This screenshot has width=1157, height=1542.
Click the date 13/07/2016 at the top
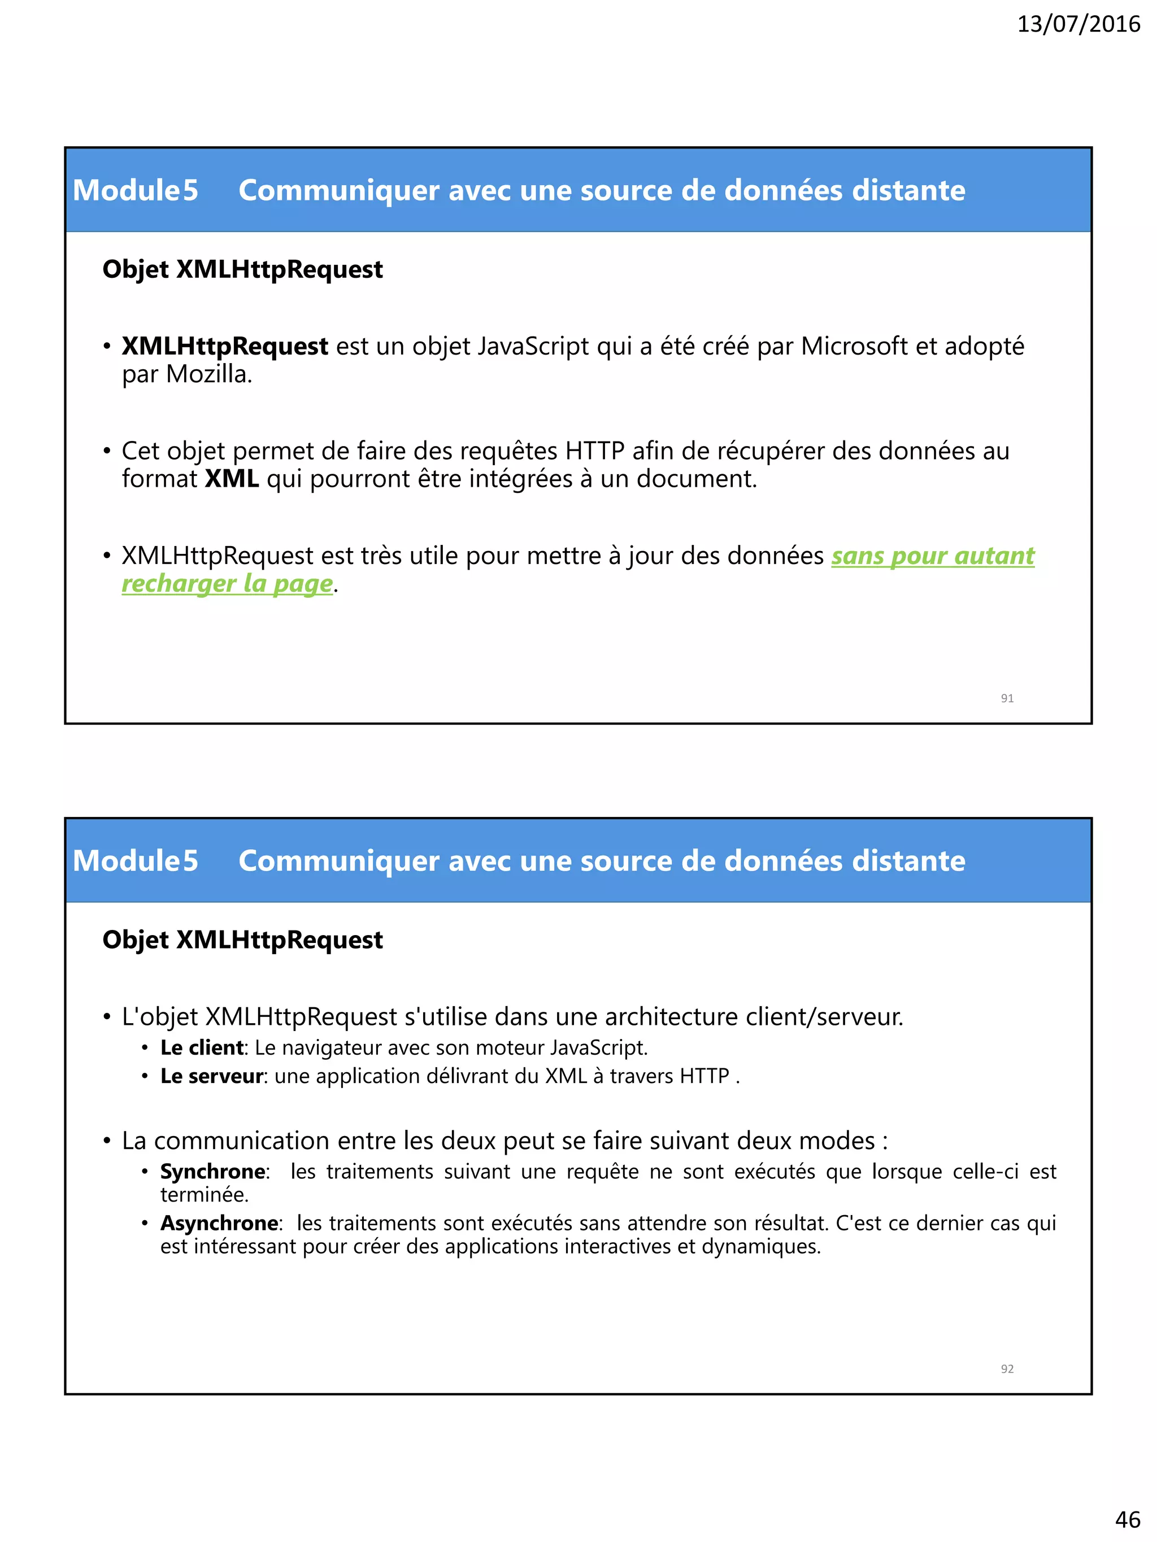click(x=1078, y=24)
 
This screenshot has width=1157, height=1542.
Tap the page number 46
click(x=1128, y=1518)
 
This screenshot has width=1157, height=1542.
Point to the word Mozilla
click(x=208, y=375)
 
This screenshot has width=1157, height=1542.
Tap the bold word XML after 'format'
click(x=232, y=479)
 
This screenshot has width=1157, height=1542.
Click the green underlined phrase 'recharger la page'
click(x=227, y=583)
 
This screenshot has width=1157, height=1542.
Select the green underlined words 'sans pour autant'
click(x=932, y=556)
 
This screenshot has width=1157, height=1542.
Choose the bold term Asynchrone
click(x=219, y=1223)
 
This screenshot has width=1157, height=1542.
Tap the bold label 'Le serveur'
click(x=211, y=1076)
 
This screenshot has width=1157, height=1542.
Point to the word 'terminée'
click(x=203, y=1195)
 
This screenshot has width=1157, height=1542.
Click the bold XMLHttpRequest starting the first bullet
click(x=225, y=347)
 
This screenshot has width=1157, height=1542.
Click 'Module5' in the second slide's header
click(x=135, y=861)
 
